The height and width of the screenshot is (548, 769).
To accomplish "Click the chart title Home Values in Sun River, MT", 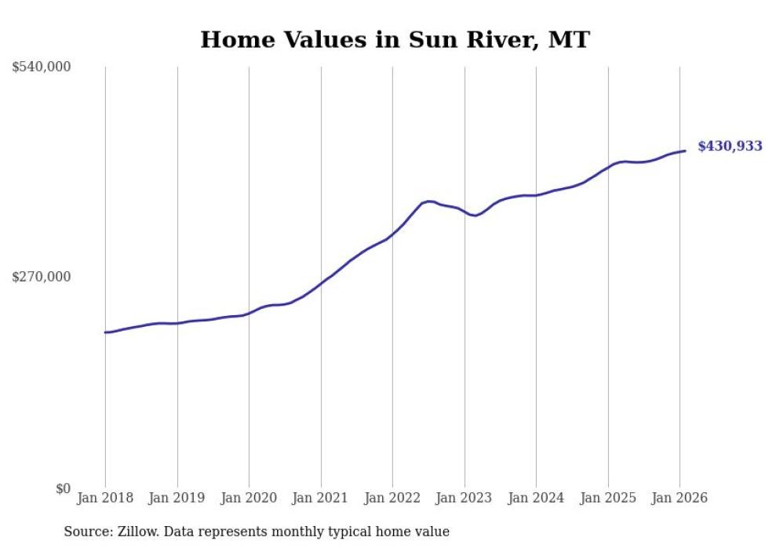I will tap(395, 39).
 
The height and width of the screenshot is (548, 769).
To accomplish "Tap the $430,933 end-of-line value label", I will tap(729, 146).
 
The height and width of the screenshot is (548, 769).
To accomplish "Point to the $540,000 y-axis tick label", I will tap(42, 67).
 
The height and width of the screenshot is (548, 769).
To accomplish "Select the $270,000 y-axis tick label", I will tap(42, 277).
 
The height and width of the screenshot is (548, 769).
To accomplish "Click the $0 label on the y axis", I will tap(63, 488).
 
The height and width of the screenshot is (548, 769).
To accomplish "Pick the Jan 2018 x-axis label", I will tap(105, 498).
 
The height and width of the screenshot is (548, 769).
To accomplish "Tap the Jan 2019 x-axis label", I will tap(177, 498).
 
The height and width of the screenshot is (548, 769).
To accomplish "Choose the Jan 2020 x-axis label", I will tap(249, 498).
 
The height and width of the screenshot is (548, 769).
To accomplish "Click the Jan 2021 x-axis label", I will tap(320, 498).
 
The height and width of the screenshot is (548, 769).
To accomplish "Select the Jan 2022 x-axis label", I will tap(392, 498).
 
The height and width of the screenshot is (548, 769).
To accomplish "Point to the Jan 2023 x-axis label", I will tap(464, 498).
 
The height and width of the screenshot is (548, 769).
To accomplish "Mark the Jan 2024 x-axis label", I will tap(536, 498).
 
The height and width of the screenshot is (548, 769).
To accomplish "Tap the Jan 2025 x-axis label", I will tap(607, 498).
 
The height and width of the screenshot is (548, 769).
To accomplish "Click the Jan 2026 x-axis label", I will tap(680, 498).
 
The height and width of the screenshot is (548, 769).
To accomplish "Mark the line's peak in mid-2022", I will tap(428, 201).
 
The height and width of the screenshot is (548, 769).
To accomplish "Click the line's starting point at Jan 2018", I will tap(105, 332).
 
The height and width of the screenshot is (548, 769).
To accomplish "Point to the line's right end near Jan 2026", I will tap(685, 151).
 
